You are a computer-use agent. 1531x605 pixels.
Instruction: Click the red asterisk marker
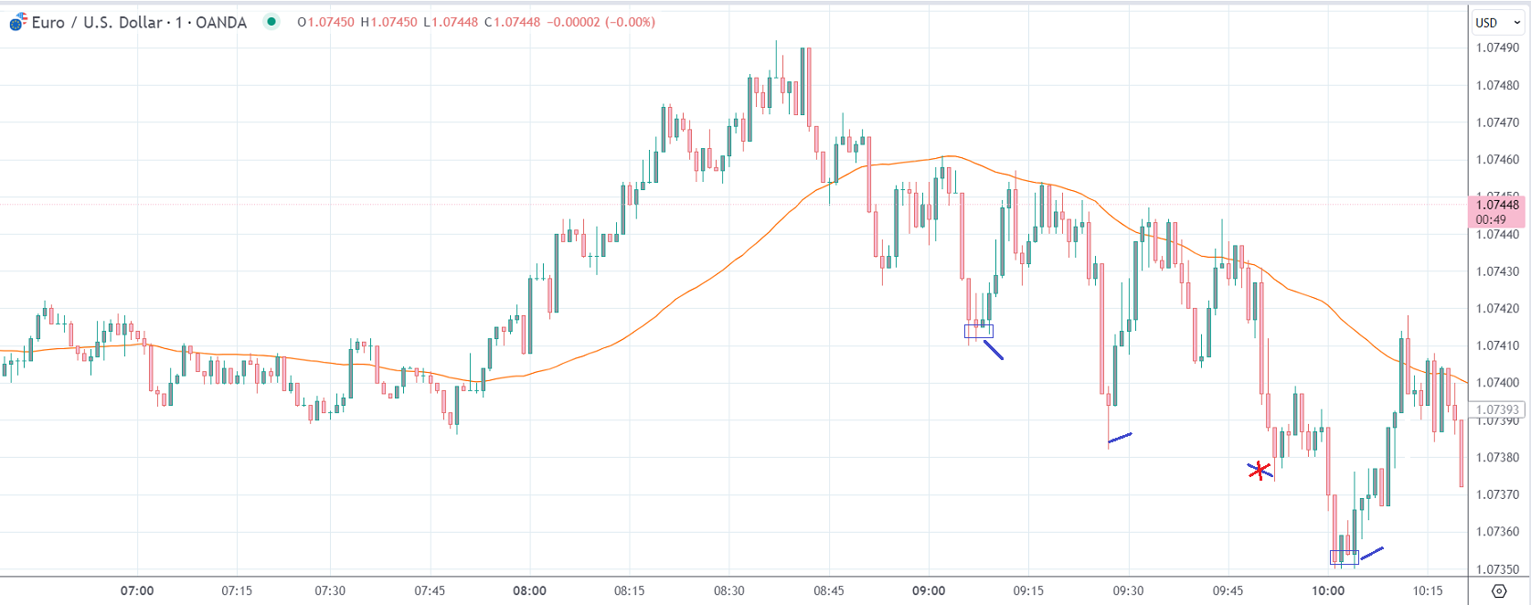[1260, 471]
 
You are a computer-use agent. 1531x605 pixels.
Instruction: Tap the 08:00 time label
[529, 590]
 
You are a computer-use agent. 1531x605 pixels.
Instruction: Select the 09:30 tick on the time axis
[1128, 590]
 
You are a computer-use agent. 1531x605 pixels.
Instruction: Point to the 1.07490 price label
[1498, 48]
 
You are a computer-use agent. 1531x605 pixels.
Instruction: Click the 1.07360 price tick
[1498, 532]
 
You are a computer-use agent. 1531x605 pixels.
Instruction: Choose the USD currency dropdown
[1497, 23]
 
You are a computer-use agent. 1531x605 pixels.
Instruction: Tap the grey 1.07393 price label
[1497, 409]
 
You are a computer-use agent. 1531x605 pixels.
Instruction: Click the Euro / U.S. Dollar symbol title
[96, 23]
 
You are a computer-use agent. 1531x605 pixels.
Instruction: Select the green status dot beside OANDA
[271, 22]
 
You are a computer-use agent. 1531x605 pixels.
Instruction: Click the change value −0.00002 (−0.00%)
[601, 22]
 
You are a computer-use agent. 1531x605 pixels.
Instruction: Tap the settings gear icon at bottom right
[1499, 591]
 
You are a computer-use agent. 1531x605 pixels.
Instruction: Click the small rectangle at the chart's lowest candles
[1344, 557]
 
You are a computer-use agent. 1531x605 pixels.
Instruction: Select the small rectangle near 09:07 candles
[978, 331]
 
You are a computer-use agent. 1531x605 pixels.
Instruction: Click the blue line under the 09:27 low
[1120, 438]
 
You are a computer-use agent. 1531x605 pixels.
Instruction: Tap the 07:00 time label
[137, 590]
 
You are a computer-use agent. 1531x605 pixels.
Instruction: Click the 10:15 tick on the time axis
[1427, 590]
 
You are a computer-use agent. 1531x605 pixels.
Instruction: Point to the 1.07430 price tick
[1498, 271]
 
